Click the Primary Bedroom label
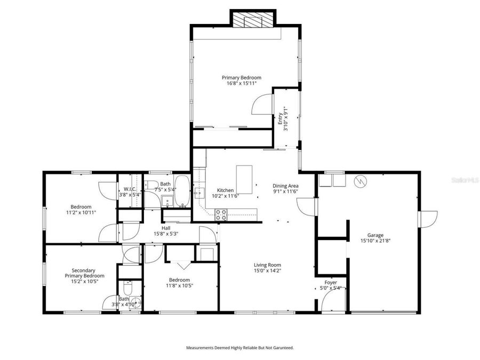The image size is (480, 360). click(x=242, y=77)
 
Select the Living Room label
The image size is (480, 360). click(x=267, y=265)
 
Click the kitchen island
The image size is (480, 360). click(x=244, y=179)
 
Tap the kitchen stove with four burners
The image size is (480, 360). click(x=221, y=214)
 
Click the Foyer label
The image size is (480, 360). click(x=331, y=282)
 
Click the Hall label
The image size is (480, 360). click(x=166, y=228)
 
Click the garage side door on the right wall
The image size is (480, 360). click(x=428, y=218)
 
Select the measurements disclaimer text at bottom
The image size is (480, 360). click(x=239, y=348)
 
